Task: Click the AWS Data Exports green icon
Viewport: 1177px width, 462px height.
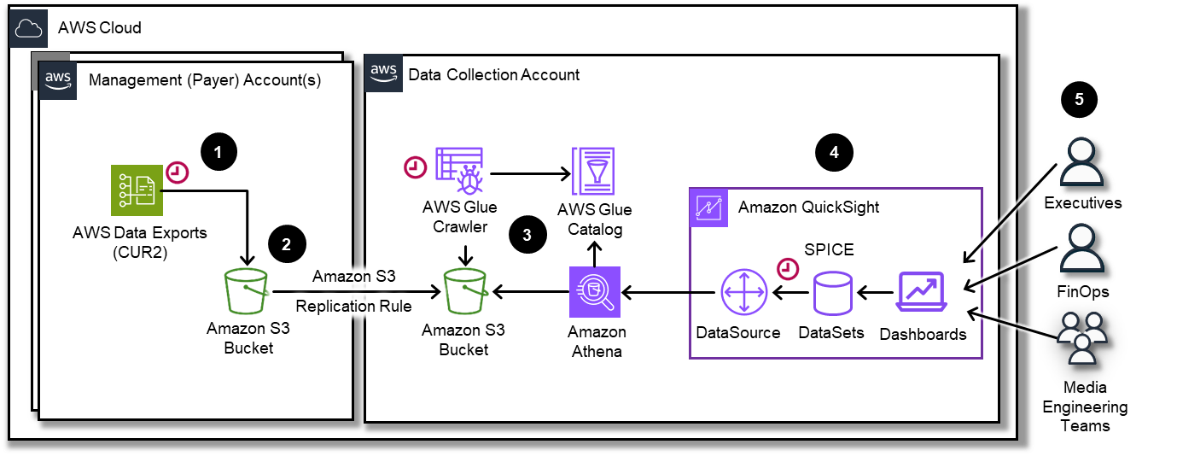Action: tap(137, 190)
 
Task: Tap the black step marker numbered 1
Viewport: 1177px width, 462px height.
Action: tap(219, 153)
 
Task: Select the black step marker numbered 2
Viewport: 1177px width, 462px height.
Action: tap(286, 244)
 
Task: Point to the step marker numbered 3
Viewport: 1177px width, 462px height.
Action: tap(527, 237)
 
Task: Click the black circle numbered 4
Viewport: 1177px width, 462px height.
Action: tap(834, 153)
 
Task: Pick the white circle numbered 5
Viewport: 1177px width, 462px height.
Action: tap(1079, 100)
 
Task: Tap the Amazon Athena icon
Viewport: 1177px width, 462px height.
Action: tap(595, 293)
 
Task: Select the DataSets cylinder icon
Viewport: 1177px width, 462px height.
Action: tap(831, 294)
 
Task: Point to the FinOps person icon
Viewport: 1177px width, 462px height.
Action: tap(1081, 252)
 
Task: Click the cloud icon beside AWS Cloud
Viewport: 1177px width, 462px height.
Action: tap(29, 28)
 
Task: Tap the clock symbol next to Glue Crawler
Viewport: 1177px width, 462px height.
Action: tap(415, 167)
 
